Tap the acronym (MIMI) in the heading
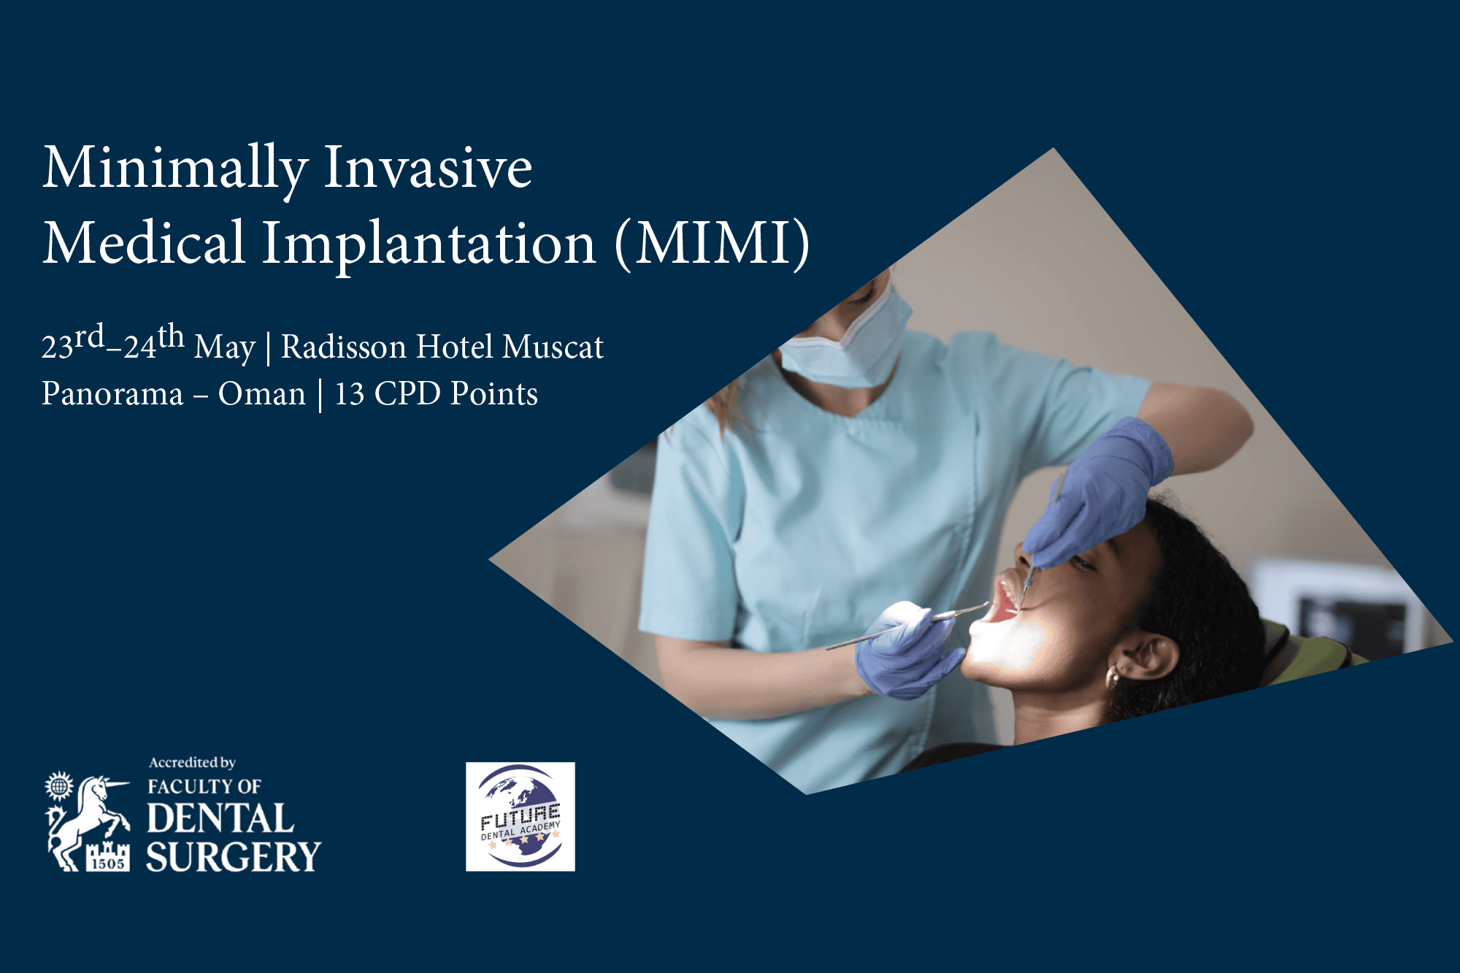(x=712, y=243)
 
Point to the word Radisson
(x=344, y=347)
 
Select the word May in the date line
(x=225, y=349)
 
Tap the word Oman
(x=262, y=393)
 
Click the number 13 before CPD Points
(x=350, y=394)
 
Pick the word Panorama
(x=112, y=393)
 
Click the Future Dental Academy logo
(x=520, y=817)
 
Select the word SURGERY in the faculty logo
(x=234, y=856)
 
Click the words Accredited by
(x=192, y=763)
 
